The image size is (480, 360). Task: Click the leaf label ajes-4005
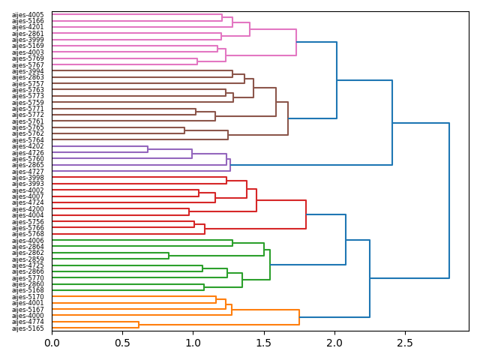pos(28,15)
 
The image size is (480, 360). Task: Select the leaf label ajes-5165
pos(28,328)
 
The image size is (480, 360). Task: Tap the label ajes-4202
pos(28,146)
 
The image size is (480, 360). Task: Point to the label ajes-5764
pos(28,140)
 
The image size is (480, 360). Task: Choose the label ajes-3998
pos(28,178)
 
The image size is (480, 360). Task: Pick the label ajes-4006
pos(28,241)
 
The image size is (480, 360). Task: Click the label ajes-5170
pos(28,297)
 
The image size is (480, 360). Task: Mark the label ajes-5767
pos(28,65)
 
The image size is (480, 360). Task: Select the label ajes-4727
pos(28,172)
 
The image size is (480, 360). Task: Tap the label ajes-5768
pos(28,234)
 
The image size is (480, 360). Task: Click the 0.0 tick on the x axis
pos(52,343)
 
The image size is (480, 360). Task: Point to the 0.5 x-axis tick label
pos(122,343)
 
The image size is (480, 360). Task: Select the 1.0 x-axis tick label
pos(193,343)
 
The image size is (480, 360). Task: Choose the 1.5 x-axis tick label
pos(263,343)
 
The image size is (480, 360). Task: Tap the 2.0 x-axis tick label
pos(334,343)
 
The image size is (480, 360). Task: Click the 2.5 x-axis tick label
pos(405,343)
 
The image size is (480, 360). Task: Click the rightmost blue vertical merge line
pos(449,200)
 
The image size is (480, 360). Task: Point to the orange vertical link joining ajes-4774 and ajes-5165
pos(139,325)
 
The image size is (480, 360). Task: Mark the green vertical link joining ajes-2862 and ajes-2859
pos(169,256)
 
